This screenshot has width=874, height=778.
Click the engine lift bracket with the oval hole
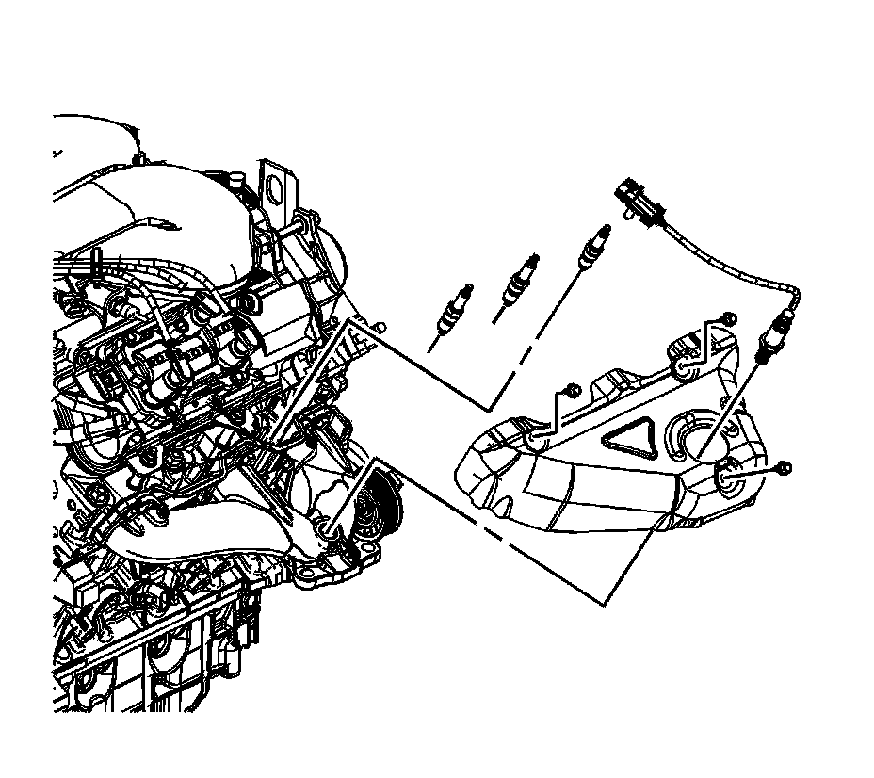click(x=276, y=187)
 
